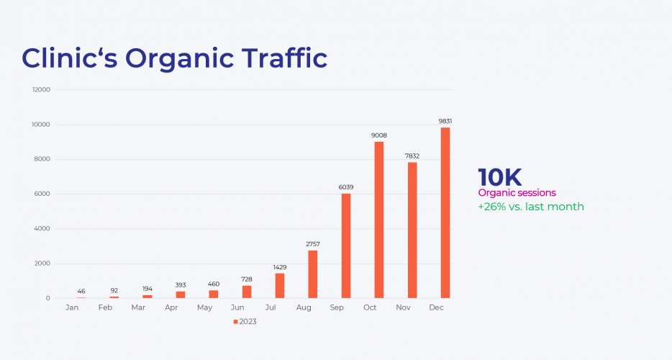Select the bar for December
(445, 213)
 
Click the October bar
(379, 220)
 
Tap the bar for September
(346, 246)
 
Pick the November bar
(412, 230)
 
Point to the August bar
(313, 274)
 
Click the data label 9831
(445, 121)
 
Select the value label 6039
(346, 187)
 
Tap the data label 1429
(280, 267)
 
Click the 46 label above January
(81, 291)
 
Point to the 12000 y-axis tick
(40, 90)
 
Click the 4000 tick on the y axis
(42, 229)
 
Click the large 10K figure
(499, 177)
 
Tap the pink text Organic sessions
(517, 193)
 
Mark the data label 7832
(412, 156)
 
